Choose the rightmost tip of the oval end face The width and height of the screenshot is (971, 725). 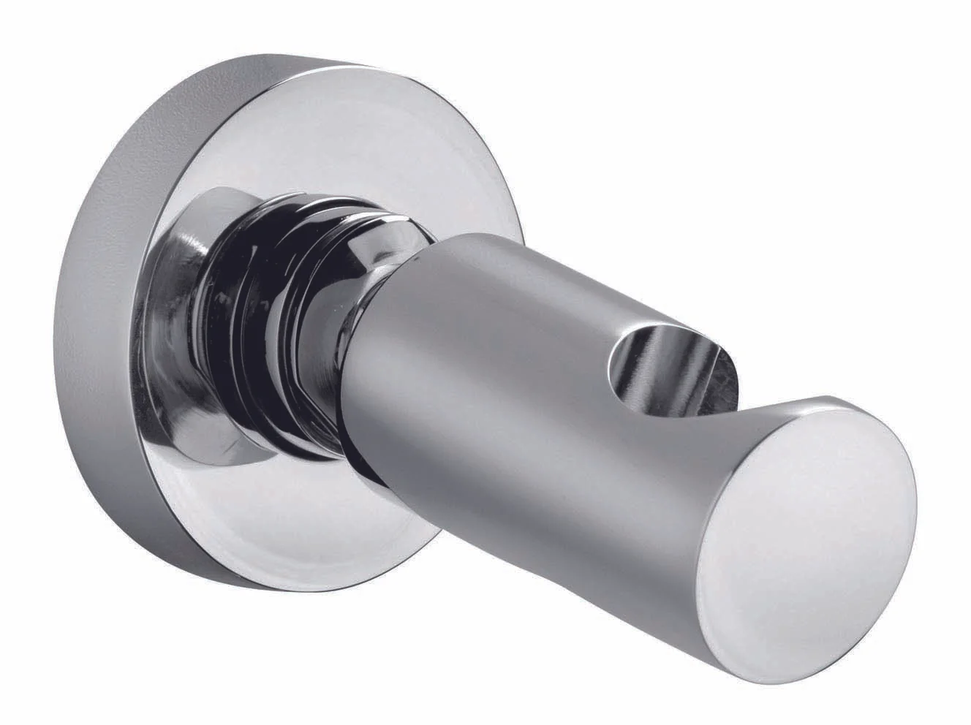point(916,497)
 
